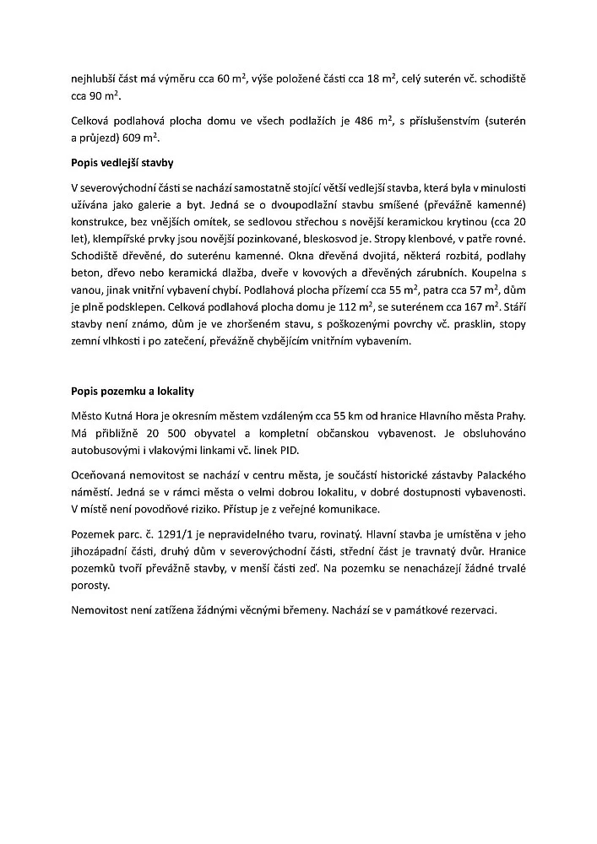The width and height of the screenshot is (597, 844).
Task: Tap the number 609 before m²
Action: (124, 138)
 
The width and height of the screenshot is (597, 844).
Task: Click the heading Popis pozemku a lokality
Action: (133, 392)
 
